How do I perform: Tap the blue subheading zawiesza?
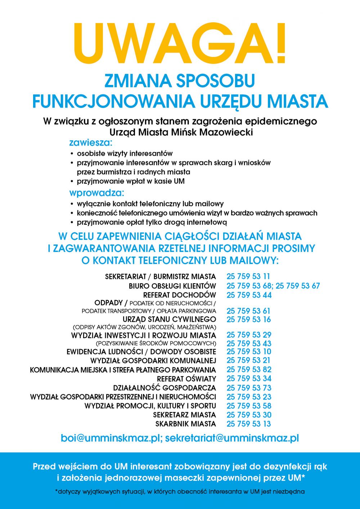click(x=91, y=143)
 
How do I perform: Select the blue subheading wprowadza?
click(x=96, y=193)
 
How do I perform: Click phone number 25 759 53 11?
click(x=248, y=276)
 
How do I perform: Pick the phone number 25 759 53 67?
click(x=298, y=286)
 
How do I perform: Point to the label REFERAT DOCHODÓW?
click(x=180, y=295)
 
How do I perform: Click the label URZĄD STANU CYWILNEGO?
click(x=169, y=319)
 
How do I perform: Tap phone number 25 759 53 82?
click(x=249, y=370)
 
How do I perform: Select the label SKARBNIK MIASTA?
click(x=185, y=424)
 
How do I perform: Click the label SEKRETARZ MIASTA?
click(x=184, y=415)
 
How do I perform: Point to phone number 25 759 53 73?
click(x=249, y=388)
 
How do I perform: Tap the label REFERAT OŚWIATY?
click(x=186, y=379)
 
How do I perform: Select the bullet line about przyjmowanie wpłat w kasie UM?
click(x=130, y=181)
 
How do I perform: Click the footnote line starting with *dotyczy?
click(x=180, y=491)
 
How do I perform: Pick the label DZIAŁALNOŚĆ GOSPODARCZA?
click(x=165, y=388)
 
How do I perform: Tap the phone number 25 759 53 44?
click(x=249, y=295)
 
